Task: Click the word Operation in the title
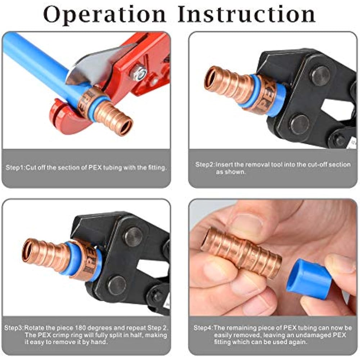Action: [104, 15]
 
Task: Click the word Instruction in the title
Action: [247, 15]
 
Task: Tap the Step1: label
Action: [15, 167]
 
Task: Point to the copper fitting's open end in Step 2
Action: [212, 78]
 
